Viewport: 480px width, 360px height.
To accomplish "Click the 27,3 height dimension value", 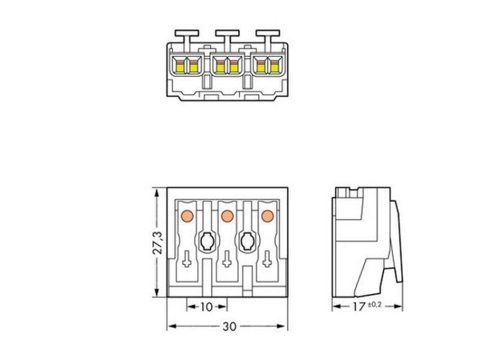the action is [x=157, y=243].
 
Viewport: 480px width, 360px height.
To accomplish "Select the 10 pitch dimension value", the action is [x=206, y=307].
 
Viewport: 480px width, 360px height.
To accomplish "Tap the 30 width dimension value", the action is [x=230, y=327].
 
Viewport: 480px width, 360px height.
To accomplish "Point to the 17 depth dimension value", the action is [x=359, y=307].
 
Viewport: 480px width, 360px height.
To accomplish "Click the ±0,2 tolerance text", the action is [x=374, y=304].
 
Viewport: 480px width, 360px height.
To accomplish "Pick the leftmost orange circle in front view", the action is [x=187, y=216].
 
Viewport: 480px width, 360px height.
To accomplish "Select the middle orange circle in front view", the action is [x=227, y=216].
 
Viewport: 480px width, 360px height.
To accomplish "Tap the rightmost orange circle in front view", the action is [x=268, y=216].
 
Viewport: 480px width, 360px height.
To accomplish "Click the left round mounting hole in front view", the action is [x=207, y=241].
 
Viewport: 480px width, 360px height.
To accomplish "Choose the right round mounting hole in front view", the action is [x=247, y=241].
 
